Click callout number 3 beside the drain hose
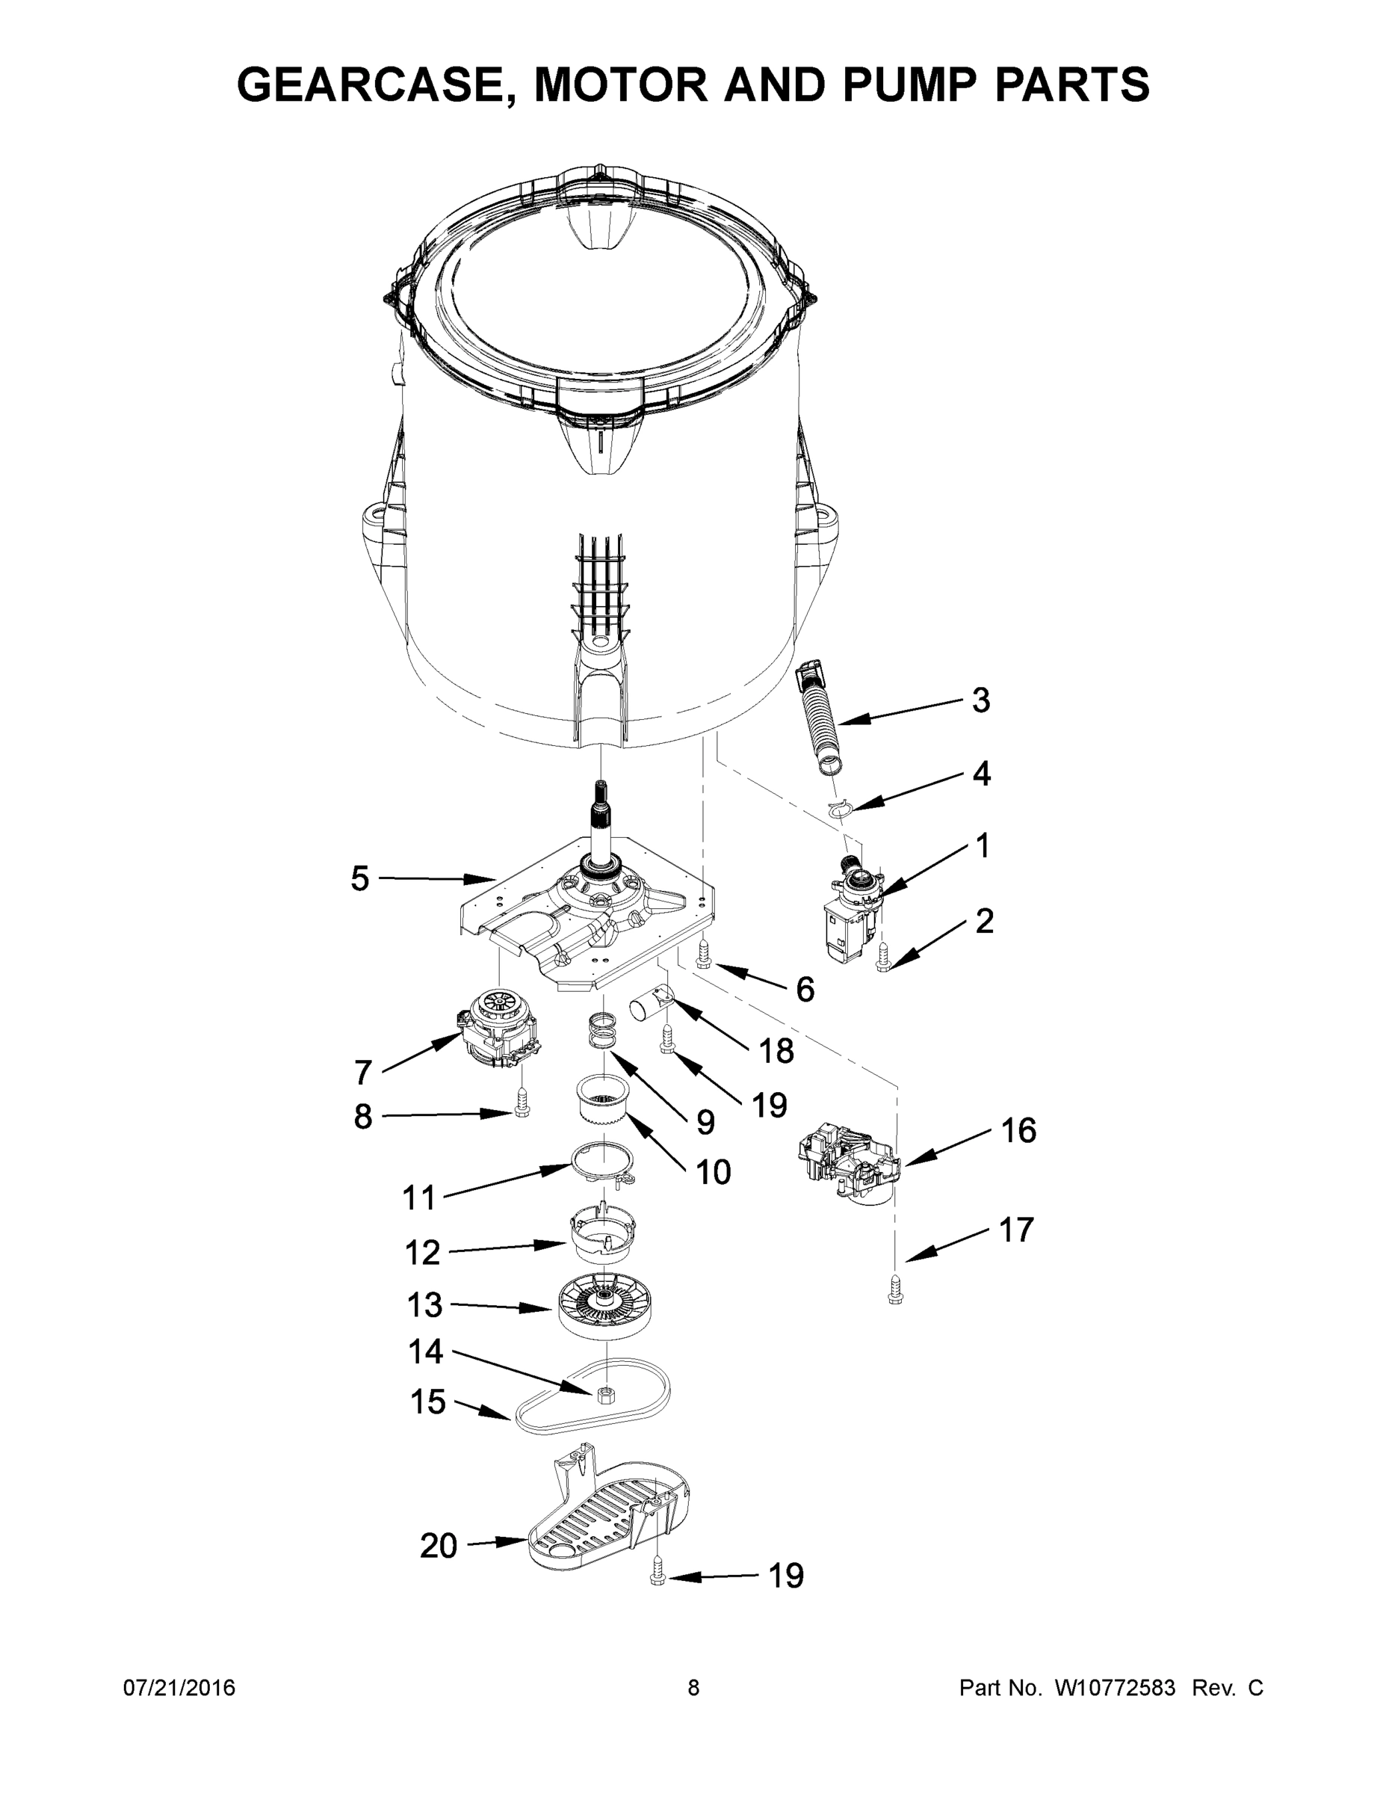[x=980, y=700]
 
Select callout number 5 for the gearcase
[x=359, y=879]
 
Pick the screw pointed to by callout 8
[x=520, y=1102]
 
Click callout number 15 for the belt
[x=427, y=1402]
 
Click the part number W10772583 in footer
[x=1114, y=1689]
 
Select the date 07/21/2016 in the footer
[x=179, y=1689]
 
